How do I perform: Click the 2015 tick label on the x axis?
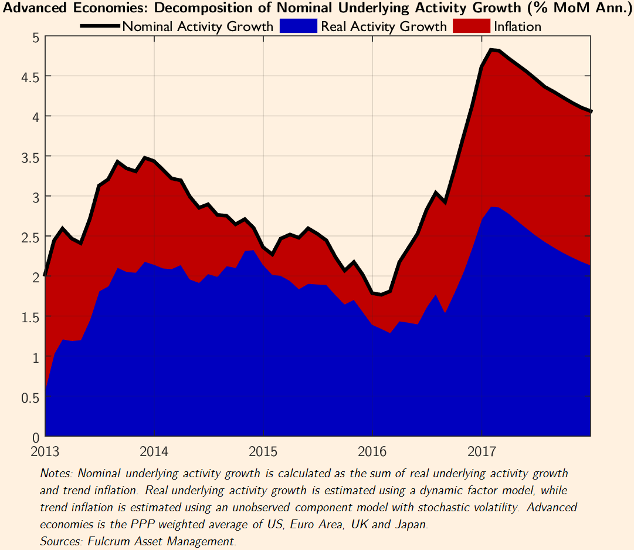click(263, 453)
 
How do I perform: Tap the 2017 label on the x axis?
click(482, 453)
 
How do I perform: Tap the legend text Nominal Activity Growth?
click(198, 27)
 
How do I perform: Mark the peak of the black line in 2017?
click(490, 50)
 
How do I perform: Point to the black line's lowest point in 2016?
click(381, 294)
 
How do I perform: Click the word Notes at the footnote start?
click(56, 473)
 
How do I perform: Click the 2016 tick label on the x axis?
click(372, 453)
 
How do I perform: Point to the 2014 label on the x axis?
click(154, 453)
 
